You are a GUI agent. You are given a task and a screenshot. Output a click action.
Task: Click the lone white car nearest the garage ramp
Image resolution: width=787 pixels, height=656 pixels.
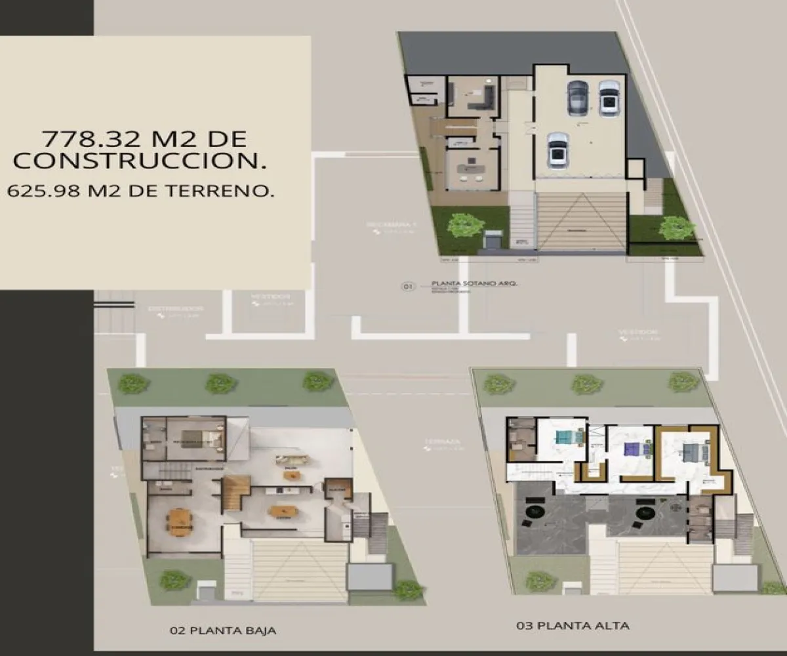point(557,149)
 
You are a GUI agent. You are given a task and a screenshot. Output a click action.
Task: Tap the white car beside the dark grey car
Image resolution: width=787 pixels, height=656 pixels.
point(609,97)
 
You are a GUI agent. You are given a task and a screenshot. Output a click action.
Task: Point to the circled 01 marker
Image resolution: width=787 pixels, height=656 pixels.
point(408,287)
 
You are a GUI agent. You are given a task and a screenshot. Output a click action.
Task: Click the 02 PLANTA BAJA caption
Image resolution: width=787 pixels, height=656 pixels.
point(222,631)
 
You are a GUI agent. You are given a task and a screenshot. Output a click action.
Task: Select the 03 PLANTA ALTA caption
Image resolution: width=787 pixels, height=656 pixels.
point(573,626)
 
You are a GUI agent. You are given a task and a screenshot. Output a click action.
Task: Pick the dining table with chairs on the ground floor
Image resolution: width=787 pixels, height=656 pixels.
point(179,520)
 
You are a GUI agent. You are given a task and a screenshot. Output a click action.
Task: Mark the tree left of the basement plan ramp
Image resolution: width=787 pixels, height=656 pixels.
point(466,225)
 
